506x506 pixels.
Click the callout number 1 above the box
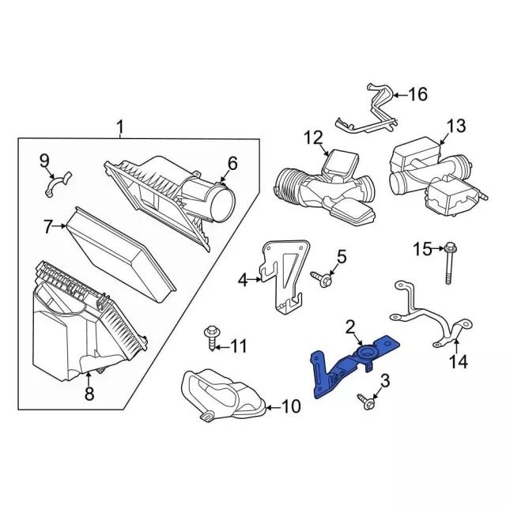tap(120, 126)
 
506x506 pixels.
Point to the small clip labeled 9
tap(56, 185)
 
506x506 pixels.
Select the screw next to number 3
tap(367, 402)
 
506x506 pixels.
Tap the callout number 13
tap(457, 126)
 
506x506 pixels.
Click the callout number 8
tap(89, 392)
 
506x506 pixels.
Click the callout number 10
tap(291, 407)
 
